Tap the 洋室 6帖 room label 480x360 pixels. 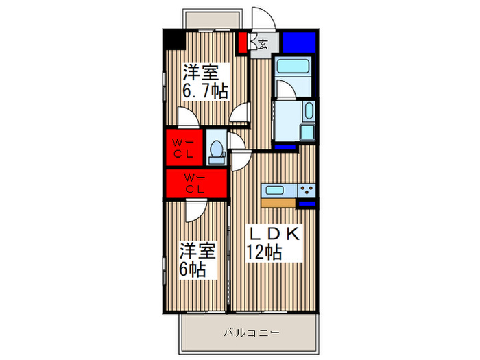198,258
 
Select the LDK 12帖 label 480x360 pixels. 273,243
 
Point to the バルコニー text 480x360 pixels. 251,333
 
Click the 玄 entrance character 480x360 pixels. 263,45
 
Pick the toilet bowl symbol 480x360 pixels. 217,150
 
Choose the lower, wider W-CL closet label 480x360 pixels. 195,183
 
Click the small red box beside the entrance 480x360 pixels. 243,43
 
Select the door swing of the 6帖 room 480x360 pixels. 193,211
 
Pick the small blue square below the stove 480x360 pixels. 307,203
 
